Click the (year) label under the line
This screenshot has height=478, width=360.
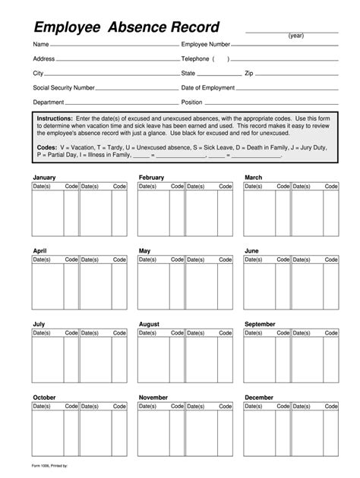(x=296, y=36)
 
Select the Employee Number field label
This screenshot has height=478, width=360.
(x=205, y=45)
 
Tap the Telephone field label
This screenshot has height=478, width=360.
(x=194, y=58)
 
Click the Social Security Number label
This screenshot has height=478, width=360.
(x=64, y=87)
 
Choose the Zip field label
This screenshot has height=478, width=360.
(x=248, y=73)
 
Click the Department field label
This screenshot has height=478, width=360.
(x=49, y=102)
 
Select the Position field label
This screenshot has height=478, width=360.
(x=192, y=102)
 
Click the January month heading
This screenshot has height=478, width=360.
(x=44, y=178)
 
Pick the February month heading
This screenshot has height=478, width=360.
(x=152, y=178)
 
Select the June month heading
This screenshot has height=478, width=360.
(x=252, y=250)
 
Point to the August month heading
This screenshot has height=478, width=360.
(x=150, y=324)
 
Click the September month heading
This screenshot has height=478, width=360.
(x=260, y=324)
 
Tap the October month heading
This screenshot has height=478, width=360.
(x=44, y=398)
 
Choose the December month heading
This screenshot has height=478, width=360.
(x=259, y=398)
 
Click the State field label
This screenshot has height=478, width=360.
(x=188, y=73)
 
